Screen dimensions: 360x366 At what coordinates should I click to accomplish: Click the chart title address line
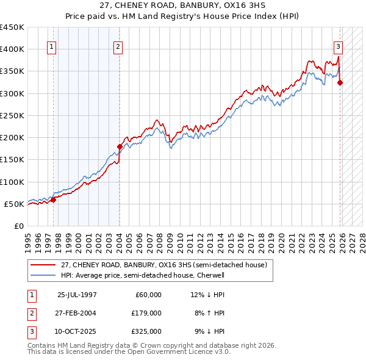tap(182, 5)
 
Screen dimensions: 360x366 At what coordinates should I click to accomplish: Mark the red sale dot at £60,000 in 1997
tap(54, 200)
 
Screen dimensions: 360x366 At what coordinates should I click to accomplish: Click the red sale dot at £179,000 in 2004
tap(120, 146)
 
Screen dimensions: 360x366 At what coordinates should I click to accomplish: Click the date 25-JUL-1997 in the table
tap(77, 295)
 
